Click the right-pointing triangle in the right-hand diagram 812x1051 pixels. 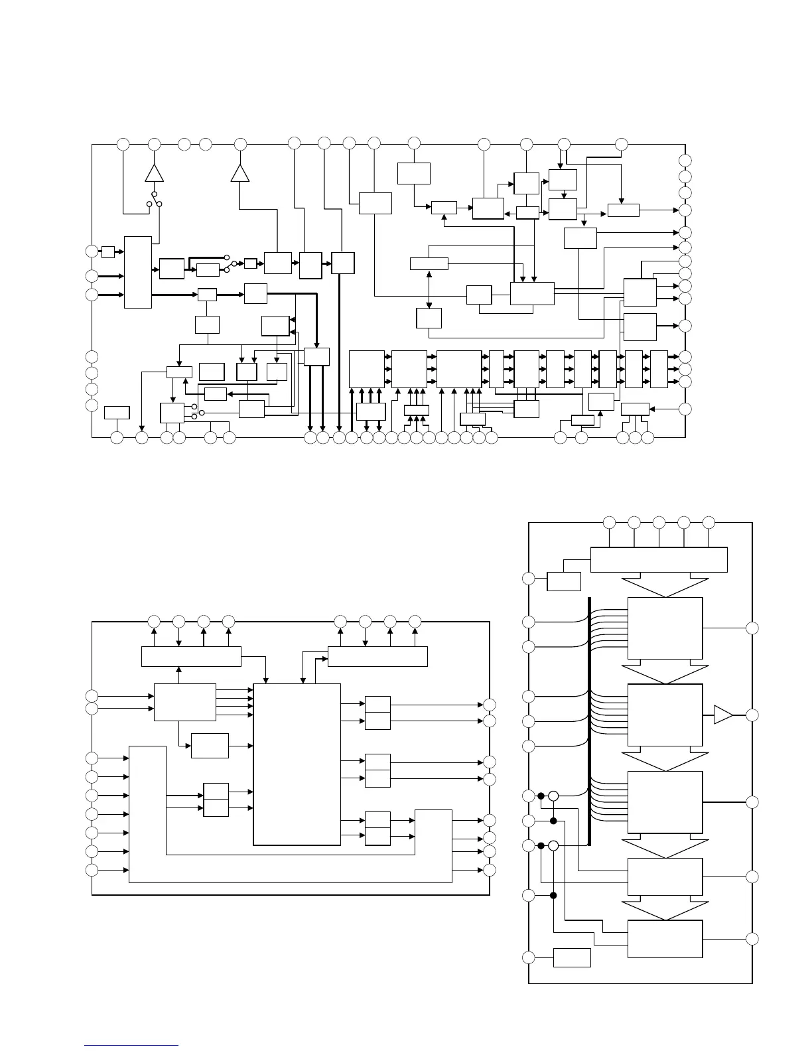(x=722, y=715)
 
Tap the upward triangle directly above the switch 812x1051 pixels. (x=154, y=173)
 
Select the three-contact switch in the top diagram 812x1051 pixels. (x=155, y=199)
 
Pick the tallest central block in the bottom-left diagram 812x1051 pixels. (x=297, y=764)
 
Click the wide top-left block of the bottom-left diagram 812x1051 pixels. (x=191, y=656)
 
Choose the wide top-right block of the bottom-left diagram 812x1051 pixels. (x=377, y=656)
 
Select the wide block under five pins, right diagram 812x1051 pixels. (x=659, y=559)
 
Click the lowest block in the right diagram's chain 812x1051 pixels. (x=665, y=939)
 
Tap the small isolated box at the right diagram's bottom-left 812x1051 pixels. (x=571, y=957)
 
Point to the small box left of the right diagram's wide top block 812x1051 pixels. (x=564, y=581)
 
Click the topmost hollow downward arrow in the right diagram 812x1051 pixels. (x=665, y=586)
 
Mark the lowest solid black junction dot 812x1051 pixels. (x=553, y=896)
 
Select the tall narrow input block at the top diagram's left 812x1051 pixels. (x=138, y=271)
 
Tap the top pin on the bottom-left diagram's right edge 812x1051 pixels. (x=490, y=705)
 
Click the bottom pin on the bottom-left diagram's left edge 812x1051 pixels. (x=92, y=870)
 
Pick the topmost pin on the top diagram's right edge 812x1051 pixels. (x=685, y=161)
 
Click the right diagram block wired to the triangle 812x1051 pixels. (x=665, y=715)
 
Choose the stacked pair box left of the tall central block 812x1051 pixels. (x=216, y=800)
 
